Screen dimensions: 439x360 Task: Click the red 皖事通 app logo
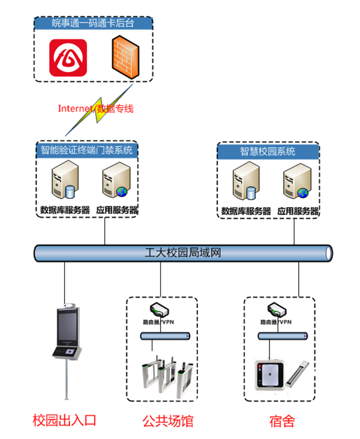(68, 59)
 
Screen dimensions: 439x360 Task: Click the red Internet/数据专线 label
(95, 109)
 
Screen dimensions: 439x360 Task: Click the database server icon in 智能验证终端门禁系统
(64, 183)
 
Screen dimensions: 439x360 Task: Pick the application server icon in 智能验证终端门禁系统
(115, 183)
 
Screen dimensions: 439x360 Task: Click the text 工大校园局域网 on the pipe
(184, 252)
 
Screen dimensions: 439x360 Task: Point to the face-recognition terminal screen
(66, 327)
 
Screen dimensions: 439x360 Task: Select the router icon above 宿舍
(280, 310)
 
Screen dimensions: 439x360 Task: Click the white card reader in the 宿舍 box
(268, 376)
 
